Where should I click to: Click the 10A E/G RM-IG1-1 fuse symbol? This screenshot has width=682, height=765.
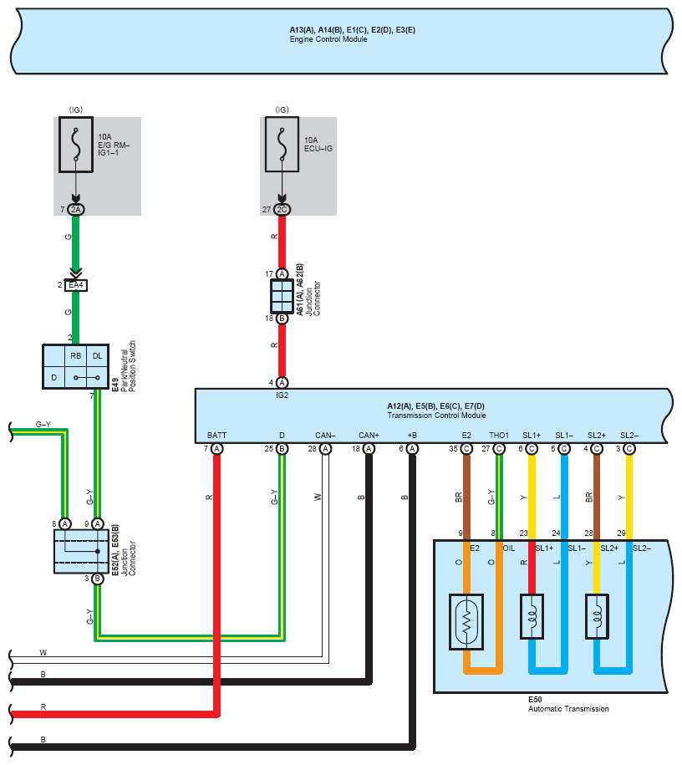(76, 145)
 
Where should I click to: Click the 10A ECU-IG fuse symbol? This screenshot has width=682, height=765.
(282, 144)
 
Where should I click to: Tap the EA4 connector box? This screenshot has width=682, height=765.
(75, 285)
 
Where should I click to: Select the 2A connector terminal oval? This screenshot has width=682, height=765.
(75, 209)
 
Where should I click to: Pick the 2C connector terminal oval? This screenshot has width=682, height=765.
(282, 209)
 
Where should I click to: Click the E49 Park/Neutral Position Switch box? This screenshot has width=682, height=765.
(75, 366)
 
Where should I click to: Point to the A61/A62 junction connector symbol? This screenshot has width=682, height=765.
(282, 296)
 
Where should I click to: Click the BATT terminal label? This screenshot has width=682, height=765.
(216, 436)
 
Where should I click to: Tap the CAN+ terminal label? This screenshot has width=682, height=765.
(369, 436)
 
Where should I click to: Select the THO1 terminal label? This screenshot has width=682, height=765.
(499, 436)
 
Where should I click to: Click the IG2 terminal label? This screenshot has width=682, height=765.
(282, 395)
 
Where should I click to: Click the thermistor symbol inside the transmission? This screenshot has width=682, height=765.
(466, 621)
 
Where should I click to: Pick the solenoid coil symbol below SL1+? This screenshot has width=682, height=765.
(532, 616)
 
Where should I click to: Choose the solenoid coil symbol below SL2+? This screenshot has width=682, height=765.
(597, 616)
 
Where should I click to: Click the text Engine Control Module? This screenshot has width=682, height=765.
(328, 39)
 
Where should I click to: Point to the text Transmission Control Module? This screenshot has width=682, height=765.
(436, 416)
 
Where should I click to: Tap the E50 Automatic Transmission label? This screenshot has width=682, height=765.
(568, 704)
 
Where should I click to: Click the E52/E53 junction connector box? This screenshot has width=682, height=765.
(81, 551)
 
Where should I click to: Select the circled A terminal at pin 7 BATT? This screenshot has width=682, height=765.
(216, 449)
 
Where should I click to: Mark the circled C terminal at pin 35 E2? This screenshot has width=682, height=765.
(466, 449)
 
